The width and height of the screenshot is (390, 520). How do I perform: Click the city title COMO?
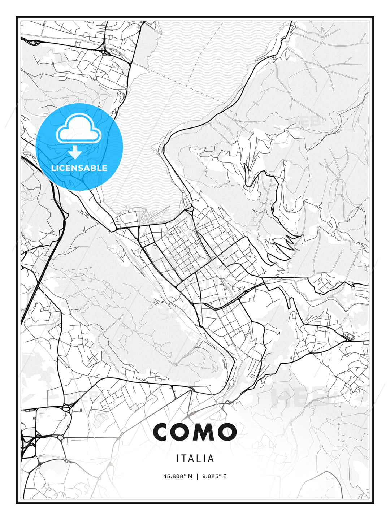(195, 432)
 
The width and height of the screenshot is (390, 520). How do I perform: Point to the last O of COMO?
(226, 432)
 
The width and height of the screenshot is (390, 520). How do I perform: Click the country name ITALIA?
(195, 459)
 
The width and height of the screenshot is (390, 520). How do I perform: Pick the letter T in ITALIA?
(185, 459)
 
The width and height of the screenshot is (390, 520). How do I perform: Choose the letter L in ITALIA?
(201, 459)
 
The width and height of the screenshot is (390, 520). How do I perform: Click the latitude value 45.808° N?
(178, 476)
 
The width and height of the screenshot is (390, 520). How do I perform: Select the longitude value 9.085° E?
(214, 476)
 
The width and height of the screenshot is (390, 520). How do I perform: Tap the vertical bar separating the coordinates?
(197, 476)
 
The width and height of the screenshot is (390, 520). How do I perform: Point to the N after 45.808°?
(190, 476)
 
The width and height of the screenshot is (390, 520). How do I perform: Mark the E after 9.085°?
(225, 476)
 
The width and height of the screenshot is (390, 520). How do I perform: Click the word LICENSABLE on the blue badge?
(79, 168)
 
